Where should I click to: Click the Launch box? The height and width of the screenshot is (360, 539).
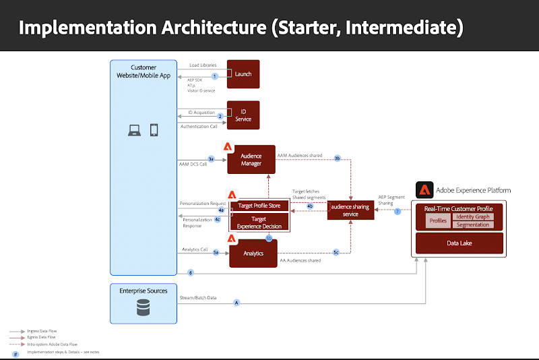click(x=243, y=74)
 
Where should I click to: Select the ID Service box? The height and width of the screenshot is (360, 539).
click(x=243, y=115)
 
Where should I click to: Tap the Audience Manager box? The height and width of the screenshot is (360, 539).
click(x=251, y=160)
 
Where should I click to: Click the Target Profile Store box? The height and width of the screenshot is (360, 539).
click(x=259, y=205)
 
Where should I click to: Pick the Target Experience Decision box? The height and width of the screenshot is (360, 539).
click(x=259, y=222)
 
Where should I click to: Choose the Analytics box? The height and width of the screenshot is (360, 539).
click(x=253, y=253)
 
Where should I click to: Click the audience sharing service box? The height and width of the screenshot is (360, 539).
click(x=350, y=210)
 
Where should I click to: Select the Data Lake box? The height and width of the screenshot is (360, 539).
click(x=459, y=243)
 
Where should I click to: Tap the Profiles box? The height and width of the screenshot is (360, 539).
click(x=438, y=220)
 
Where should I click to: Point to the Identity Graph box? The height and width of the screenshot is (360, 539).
click(x=473, y=216)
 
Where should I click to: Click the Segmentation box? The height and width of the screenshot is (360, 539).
click(x=473, y=224)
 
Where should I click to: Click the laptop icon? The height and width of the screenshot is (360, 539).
click(x=134, y=129)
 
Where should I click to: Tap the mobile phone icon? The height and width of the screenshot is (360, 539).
click(x=154, y=129)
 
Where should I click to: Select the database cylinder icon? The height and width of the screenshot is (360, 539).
click(x=143, y=308)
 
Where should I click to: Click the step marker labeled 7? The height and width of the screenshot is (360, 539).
click(x=398, y=211)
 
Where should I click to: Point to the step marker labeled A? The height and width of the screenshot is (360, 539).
click(x=236, y=303)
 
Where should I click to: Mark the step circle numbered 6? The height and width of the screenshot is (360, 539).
click(x=191, y=273)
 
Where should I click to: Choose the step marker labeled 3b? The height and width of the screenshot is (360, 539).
click(x=338, y=159)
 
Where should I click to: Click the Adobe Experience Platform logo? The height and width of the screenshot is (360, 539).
click(x=424, y=189)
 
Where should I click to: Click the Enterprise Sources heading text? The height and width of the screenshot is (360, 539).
click(x=143, y=291)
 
